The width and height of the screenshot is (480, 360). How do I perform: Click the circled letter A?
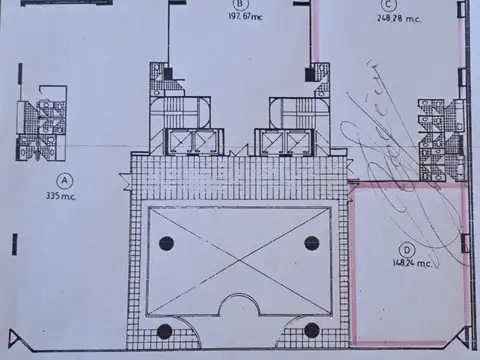coord(66,180)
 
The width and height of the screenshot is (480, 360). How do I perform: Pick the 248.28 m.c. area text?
coord(397,17)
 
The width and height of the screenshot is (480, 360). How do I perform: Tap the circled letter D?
coord(406,250)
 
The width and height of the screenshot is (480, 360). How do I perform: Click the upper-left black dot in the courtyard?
coord(166,243)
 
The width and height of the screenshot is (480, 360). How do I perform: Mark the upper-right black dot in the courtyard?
coord(311,242)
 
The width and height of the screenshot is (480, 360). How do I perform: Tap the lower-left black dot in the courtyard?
coord(165,331)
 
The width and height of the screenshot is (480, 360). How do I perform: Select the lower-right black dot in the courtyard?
coord(311,330)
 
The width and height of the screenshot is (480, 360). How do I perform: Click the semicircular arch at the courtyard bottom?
coord(239,309)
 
